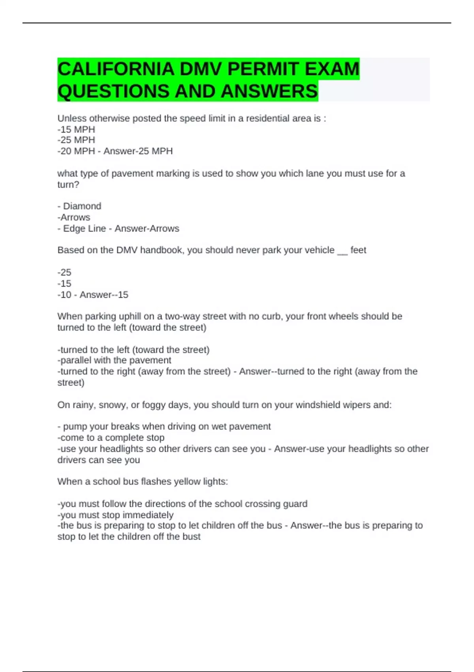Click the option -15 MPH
[76, 129]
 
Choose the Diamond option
[82, 206]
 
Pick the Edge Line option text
[85, 228]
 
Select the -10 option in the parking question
[64, 295]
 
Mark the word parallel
[75, 360]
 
